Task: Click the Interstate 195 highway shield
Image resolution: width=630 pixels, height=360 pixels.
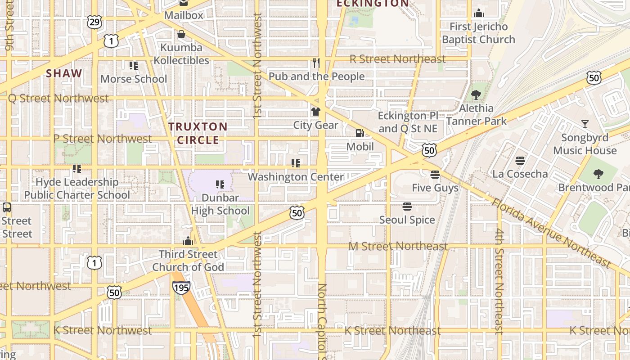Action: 181,287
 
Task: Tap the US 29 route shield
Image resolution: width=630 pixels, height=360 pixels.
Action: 95,22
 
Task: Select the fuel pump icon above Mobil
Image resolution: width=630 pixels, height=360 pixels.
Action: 360,133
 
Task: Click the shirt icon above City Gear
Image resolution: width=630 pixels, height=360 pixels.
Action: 316,111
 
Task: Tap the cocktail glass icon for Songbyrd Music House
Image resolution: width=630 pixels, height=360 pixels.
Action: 585,124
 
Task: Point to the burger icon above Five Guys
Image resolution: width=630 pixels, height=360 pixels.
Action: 435,174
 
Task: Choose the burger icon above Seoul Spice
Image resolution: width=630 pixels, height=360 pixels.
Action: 407,207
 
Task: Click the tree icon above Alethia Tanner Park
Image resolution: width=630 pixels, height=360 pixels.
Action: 476,95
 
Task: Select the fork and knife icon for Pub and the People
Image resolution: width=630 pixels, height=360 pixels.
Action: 316,63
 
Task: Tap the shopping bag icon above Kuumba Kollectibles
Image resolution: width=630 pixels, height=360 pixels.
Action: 181,34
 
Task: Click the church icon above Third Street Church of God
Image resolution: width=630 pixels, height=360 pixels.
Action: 188,241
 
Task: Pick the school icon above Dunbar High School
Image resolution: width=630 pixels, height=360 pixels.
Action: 220,184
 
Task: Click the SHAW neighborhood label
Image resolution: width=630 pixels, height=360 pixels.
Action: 64,73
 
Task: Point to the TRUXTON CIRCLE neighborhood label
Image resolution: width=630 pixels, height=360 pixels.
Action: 198,133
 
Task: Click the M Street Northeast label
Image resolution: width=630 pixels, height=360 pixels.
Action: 398,246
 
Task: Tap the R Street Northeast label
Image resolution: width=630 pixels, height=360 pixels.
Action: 397,59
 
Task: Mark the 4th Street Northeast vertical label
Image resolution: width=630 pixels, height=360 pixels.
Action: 499,281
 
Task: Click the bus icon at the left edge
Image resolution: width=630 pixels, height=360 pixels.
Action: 6,207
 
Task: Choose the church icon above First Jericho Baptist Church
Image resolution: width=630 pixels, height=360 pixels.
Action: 479,13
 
